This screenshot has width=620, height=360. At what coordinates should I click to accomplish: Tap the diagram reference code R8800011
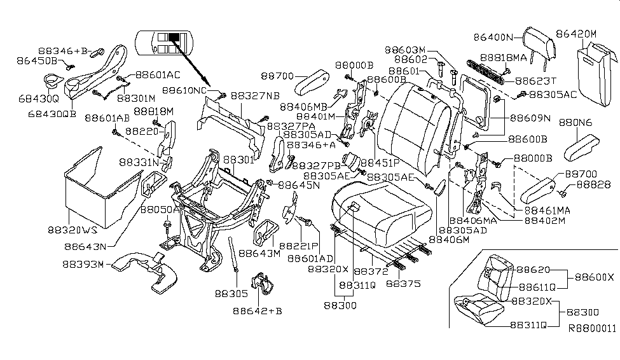(592, 329)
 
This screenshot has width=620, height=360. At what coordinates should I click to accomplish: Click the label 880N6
(576, 123)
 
